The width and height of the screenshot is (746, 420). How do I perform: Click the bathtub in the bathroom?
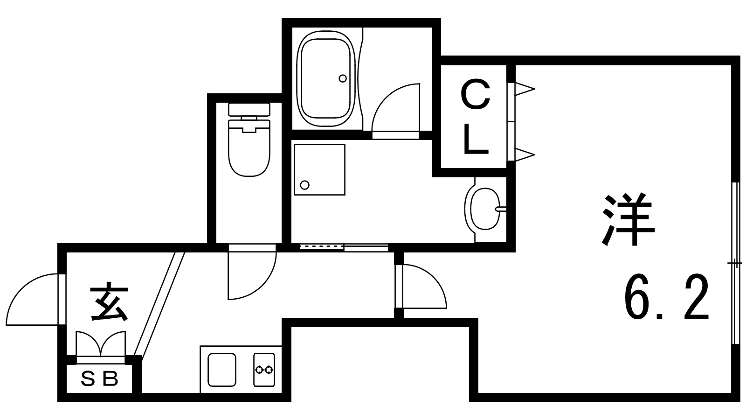pyautogui.click(x=326, y=79)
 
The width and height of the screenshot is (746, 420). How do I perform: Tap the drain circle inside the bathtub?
pyautogui.click(x=343, y=78)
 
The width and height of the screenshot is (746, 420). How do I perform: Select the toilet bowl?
pyautogui.click(x=249, y=149)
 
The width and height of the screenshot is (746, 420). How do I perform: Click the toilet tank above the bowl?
pyautogui.click(x=249, y=110)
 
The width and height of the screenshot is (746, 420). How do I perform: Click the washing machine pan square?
pyautogui.click(x=319, y=169)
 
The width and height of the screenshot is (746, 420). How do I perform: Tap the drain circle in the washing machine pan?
pyautogui.click(x=305, y=185)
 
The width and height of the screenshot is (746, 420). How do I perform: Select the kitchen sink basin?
pyautogui.click(x=221, y=370)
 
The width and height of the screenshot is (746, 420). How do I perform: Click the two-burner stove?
pyautogui.click(x=264, y=370)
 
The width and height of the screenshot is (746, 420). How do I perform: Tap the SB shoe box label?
pyautogui.click(x=100, y=379)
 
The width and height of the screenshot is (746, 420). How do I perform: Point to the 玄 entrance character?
pyautogui.click(x=109, y=302)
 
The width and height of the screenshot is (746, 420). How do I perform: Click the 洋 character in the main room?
pyautogui.click(x=629, y=219)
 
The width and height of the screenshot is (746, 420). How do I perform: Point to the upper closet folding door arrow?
pyautogui.click(x=524, y=89)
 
